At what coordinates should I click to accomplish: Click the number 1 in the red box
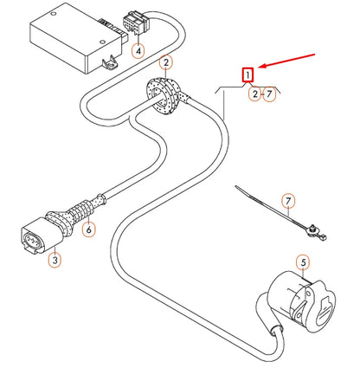(248, 75)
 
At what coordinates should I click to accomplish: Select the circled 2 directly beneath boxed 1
(254, 94)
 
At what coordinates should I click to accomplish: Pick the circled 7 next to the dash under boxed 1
(270, 94)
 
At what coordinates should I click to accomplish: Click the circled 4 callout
(138, 50)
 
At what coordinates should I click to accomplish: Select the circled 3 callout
(55, 258)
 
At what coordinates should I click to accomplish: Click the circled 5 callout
(302, 261)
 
